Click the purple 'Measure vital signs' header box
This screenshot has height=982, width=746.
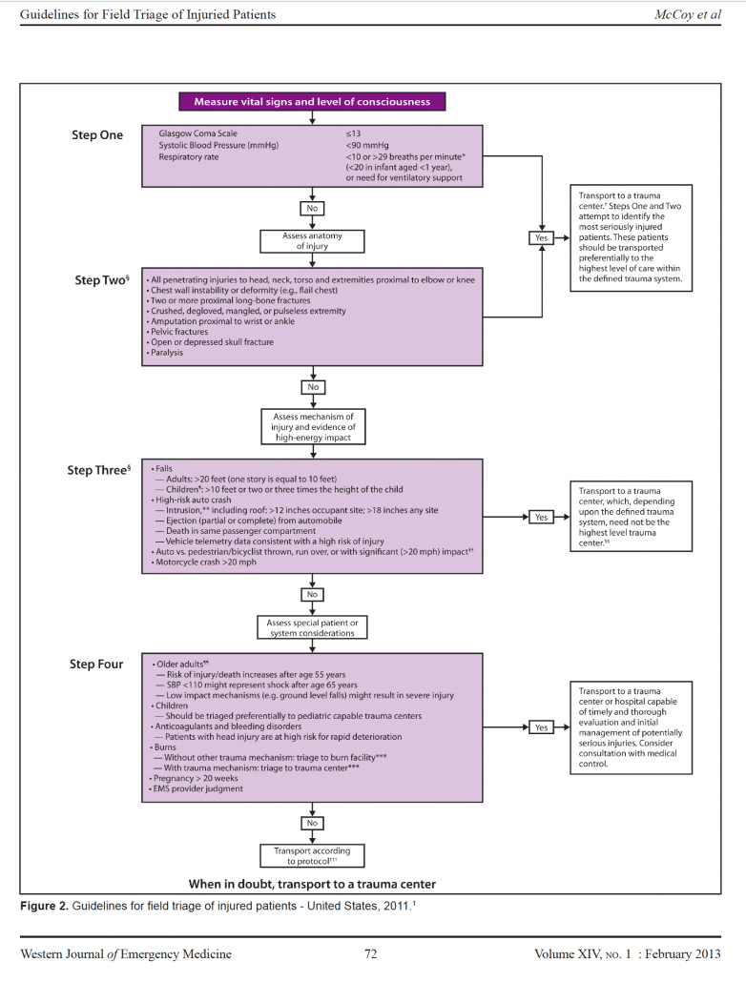coord(312,101)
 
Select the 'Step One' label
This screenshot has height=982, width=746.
coord(97,135)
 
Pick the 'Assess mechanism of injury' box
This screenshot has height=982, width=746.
coord(312,426)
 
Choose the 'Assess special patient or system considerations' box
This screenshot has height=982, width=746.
coord(312,628)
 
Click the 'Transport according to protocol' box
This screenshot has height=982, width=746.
coord(312,854)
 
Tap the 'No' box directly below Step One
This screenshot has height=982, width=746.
coord(312,207)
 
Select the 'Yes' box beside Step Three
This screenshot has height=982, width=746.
coord(541,517)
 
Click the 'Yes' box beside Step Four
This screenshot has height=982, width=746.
coord(541,727)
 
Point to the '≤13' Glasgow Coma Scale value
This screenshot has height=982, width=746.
coord(352,133)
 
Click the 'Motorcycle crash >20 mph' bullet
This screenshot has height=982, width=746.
coord(203,563)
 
